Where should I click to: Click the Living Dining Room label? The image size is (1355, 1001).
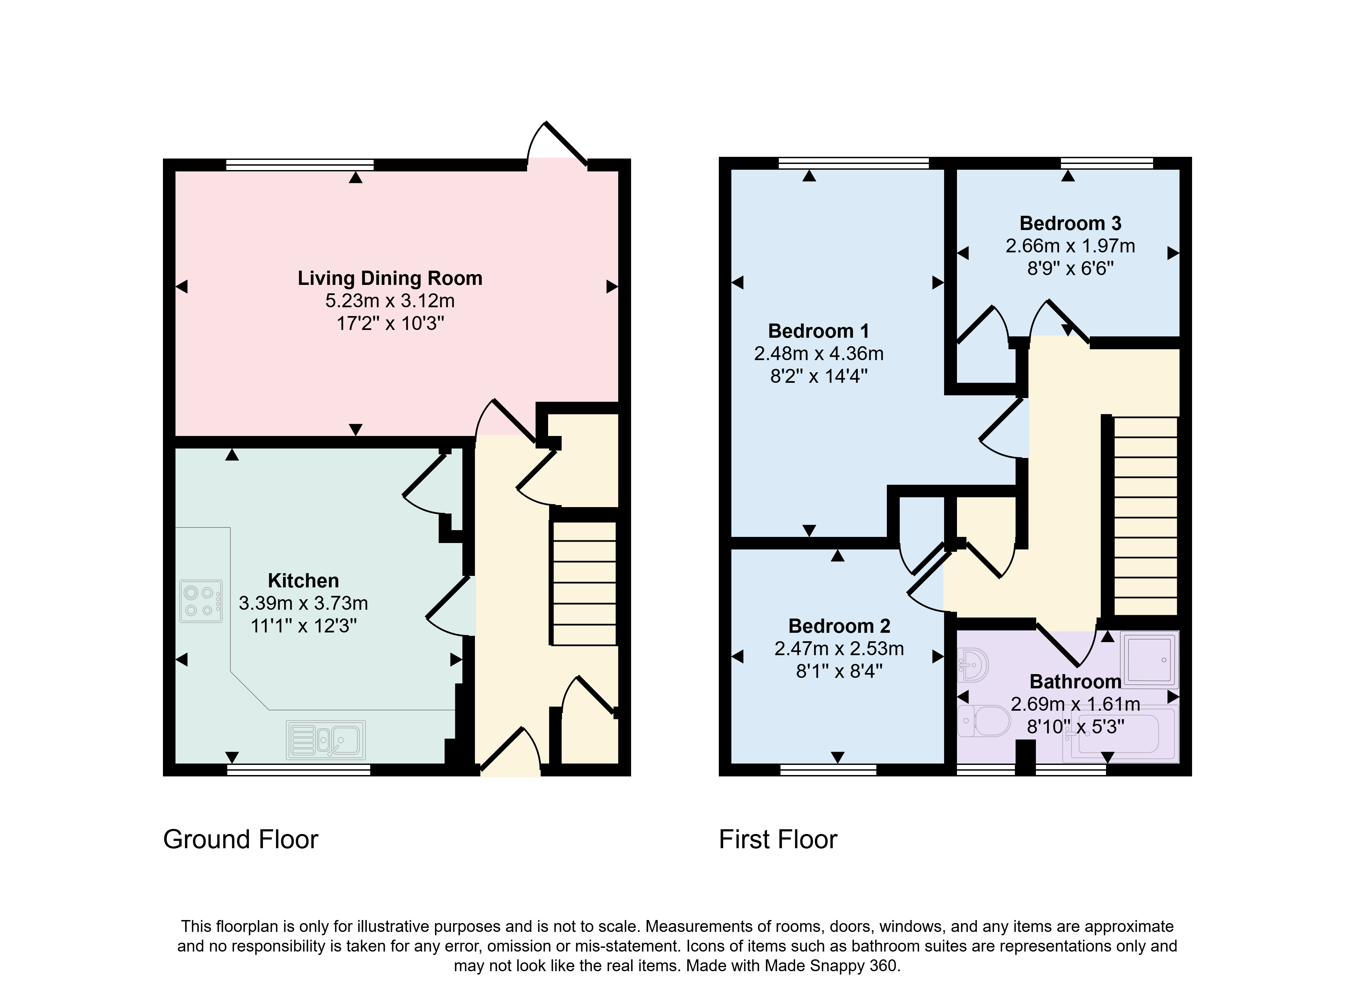tap(390, 278)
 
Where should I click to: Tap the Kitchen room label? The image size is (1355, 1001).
tap(303, 581)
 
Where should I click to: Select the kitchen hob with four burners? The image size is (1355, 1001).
tap(201, 602)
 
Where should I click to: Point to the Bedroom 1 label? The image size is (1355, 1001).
tap(819, 331)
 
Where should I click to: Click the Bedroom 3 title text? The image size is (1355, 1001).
tap(1070, 223)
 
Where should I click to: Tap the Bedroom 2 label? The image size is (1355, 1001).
tap(839, 625)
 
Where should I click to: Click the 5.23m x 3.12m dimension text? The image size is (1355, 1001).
tap(390, 300)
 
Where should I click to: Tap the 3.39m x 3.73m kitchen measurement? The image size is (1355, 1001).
tap(303, 603)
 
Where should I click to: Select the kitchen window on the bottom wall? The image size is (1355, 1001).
tap(299, 770)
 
